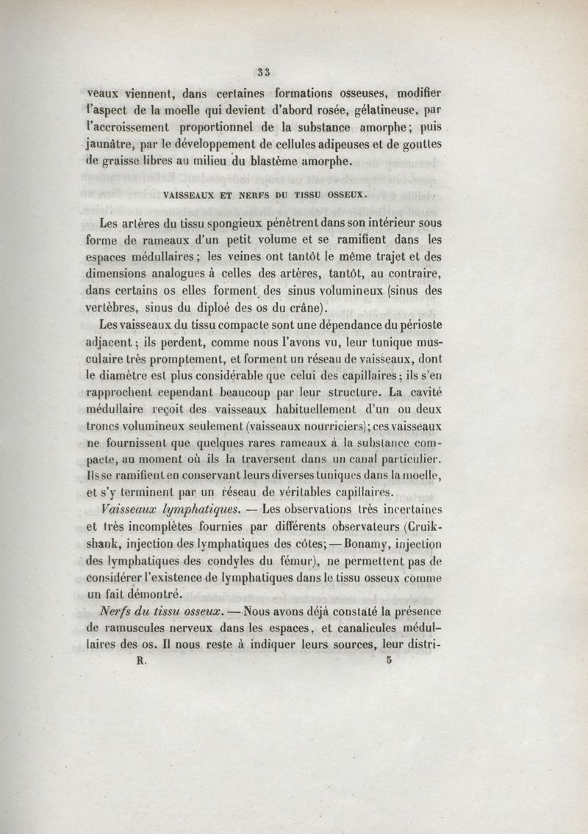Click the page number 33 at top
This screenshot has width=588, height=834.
pyautogui.click(x=265, y=71)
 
